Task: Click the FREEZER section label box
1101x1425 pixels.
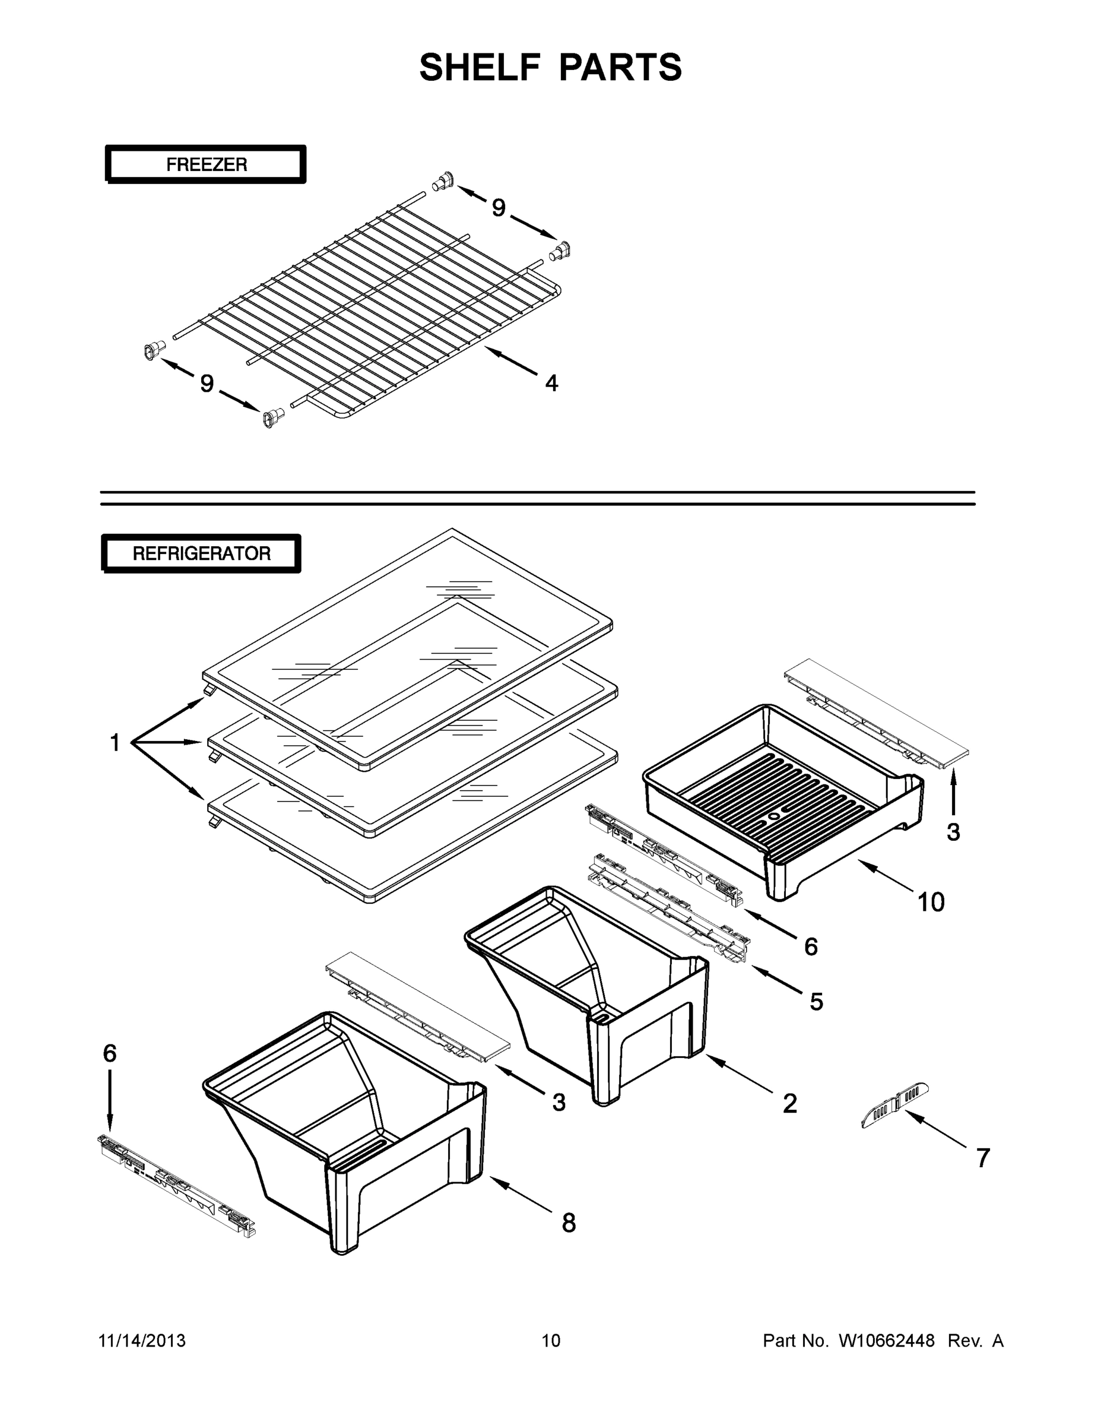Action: click(205, 164)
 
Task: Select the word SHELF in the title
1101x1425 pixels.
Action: click(480, 67)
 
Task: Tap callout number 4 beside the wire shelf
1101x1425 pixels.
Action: click(552, 383)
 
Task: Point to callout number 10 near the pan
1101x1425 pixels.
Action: click(931, 902)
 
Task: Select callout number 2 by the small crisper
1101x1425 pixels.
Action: click(789, 1104)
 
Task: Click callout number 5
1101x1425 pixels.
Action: click(817, 1002)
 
